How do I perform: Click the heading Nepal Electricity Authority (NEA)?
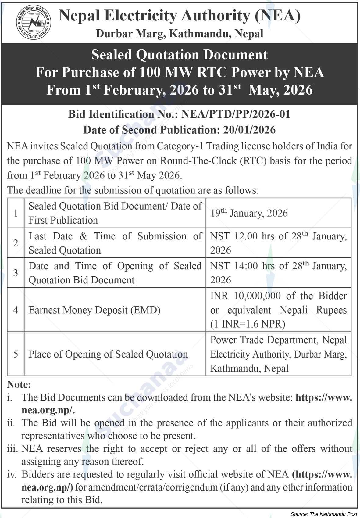179,16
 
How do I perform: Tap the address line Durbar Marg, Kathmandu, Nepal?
179,34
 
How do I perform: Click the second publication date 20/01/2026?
249,130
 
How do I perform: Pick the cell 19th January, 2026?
249,213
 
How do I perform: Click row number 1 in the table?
16,213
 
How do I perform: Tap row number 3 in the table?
16,273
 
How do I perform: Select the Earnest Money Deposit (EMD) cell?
94,310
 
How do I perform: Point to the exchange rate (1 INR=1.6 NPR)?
248,324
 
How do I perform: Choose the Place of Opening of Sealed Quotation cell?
108,354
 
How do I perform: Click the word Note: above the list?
19,384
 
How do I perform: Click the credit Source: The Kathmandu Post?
323,514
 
